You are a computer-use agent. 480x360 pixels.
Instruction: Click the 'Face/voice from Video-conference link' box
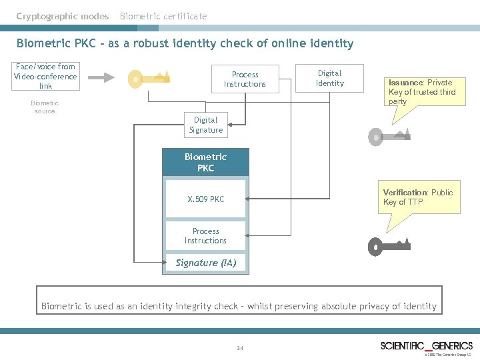pyautogui.click(x=45, y=76)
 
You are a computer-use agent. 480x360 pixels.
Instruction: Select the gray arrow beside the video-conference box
pyautogui.click(x=101, y=78)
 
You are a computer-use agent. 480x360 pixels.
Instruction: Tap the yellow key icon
pyautogui.click(x=149, y=78)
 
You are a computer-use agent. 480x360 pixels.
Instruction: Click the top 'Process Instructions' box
pyautogui.click(x=245, y=79)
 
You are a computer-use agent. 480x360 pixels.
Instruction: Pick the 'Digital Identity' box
pyautogui.click(x=329, y=78)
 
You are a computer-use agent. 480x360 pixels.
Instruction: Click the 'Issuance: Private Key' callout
pyautogui.click(x=422, y=91)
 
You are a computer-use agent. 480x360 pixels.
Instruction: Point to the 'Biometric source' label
pyautogui.click(x=45, y=107)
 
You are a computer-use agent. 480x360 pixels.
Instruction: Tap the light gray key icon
pyautogui.click(x=391, y=137)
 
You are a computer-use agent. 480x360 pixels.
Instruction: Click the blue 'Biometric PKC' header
pyautogui.click(x=205, y=162)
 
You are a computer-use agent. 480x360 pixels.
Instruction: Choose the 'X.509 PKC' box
pyautogui.click(x=205, y=199)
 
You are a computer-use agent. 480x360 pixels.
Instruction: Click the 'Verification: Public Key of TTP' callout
pyautogui.click(x=418, y=197)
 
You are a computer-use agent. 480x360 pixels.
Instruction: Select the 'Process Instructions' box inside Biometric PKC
pyautogui.click(x=205, y=236)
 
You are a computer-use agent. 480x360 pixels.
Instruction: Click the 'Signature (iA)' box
pyautogui.click(x=205, y=263)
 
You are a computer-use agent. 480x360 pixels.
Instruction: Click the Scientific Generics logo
pyautogui.click(x=427, y=346)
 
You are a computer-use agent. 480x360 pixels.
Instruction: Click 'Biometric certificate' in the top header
pyautogui.click(x=163, y=16)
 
